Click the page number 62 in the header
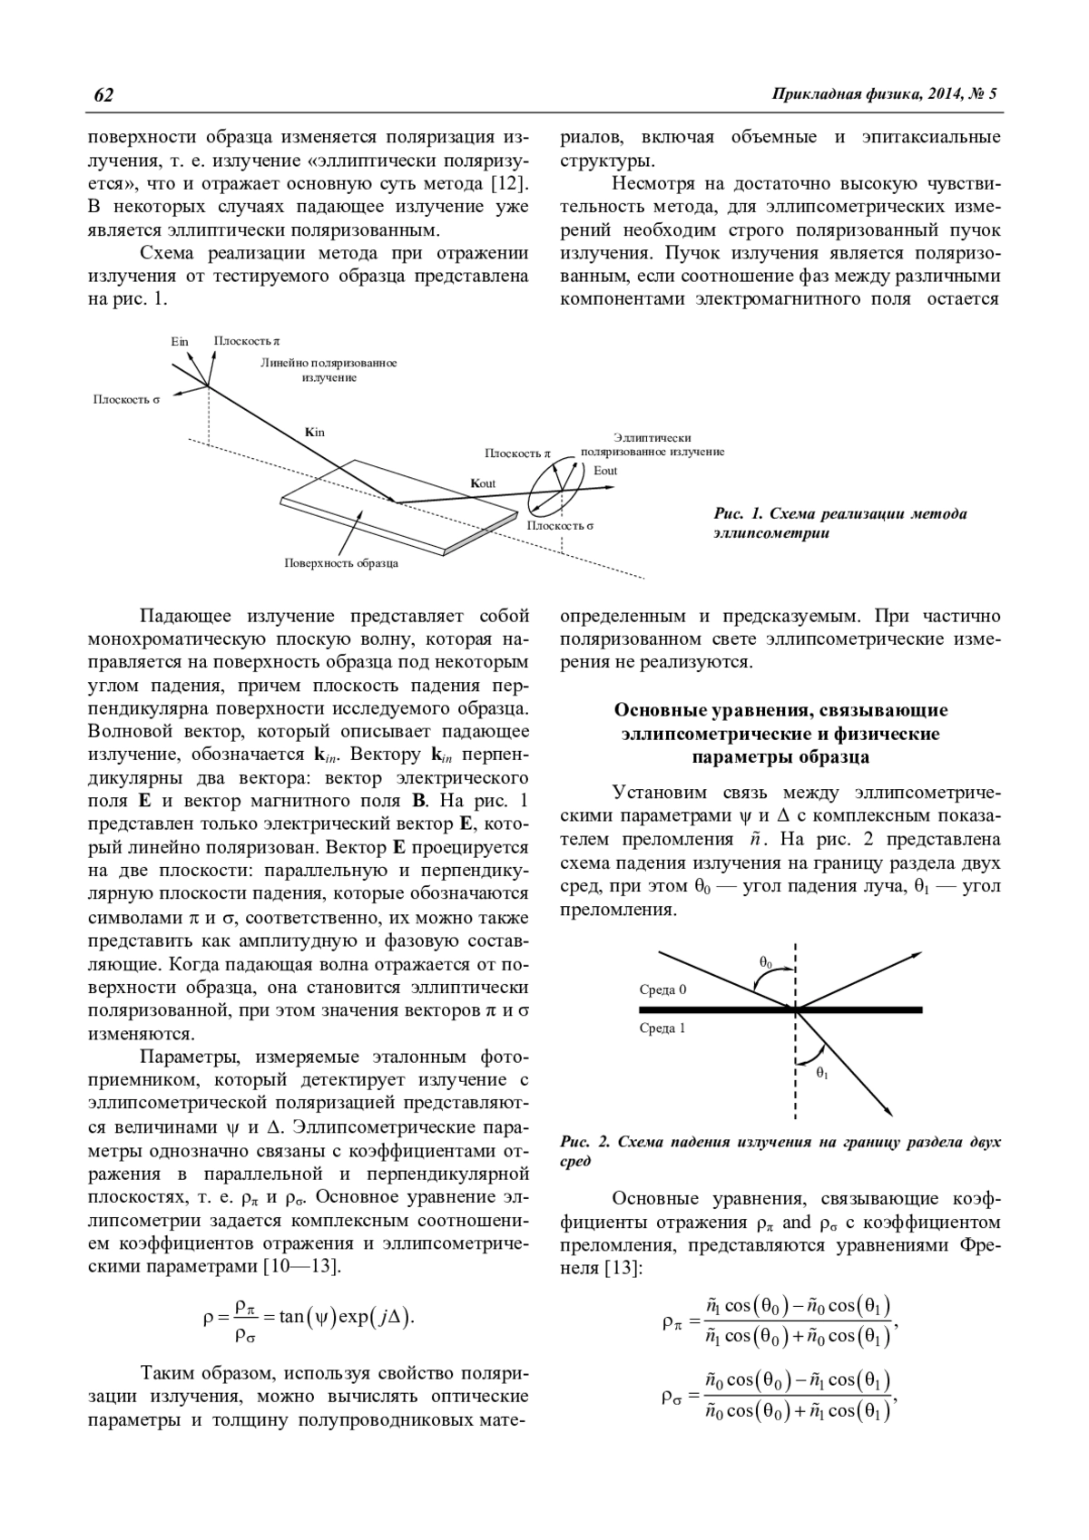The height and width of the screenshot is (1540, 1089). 103,95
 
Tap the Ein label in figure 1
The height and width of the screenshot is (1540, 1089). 180,341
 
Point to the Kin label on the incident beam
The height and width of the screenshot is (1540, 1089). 315,432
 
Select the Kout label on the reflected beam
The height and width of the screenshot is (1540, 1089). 483,483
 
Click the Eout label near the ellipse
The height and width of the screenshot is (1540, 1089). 605,471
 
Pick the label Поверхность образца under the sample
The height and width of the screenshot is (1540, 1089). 341,563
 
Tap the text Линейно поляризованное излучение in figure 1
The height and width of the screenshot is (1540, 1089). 329,370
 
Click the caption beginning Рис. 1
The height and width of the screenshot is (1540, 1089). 839,523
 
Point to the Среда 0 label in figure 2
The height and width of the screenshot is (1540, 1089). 662,989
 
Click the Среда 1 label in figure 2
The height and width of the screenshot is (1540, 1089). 662,1028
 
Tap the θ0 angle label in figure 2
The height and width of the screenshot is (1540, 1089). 766,961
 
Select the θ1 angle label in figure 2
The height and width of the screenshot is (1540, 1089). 822,1073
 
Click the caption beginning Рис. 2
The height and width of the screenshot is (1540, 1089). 780,1151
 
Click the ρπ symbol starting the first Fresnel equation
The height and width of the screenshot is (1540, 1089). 672,1321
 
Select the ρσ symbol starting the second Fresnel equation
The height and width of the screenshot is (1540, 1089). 672,1396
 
